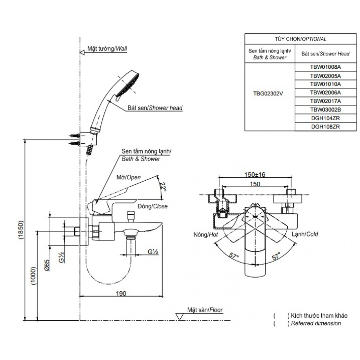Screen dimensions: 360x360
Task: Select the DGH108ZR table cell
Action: (325, 126)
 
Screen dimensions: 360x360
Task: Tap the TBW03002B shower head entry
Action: (325, 109)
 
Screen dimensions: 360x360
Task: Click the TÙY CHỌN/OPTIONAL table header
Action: (301, 39)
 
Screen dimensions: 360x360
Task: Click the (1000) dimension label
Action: (33, 276)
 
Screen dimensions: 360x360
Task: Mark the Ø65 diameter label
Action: (47, 265)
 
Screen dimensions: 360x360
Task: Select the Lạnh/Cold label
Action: (305, 234)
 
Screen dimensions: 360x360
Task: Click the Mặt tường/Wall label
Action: (107, 49)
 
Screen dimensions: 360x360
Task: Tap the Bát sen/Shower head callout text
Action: (155, 108)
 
